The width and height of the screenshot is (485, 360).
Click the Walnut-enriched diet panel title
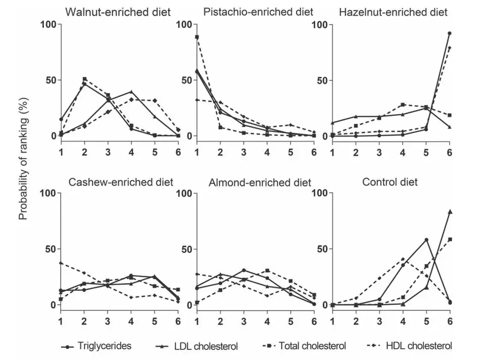(x=118, y=12)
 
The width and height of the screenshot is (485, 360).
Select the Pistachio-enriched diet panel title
(x=258, y=12)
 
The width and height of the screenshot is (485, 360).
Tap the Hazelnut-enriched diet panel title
(x=393, y=12)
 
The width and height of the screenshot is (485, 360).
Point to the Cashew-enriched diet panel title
(x=121, y=182)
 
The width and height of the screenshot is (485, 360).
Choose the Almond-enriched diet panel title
(x=260, y=183)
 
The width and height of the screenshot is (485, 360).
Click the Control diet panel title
(x=390, y=182)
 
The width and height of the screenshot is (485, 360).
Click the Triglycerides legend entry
(x=96, y=346)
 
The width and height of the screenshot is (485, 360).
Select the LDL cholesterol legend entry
(x=197, y=346)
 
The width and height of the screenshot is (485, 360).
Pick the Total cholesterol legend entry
(x=304, y=346)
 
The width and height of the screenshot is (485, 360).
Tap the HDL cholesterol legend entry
(x=410, y=346)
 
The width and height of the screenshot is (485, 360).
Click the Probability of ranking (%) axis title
(x=23, y=159)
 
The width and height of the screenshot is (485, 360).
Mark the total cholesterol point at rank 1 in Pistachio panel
(x=197, y=37)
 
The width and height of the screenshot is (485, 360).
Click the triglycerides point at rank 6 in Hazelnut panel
(x=450, y=33)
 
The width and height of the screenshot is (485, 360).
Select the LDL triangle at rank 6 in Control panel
(x=450, y=212)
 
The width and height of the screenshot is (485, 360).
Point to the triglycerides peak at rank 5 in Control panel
(x=426, y=240)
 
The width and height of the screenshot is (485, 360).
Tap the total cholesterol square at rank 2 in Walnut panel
(x=84, y=79)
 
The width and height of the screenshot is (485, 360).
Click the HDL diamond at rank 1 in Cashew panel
(x=61, y=263)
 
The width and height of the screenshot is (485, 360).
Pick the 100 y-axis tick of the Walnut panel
(x=48, y=24)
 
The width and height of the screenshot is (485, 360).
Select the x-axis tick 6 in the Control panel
(x=450, y=321)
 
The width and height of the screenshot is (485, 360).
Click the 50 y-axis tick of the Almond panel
(x=187, y=249)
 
